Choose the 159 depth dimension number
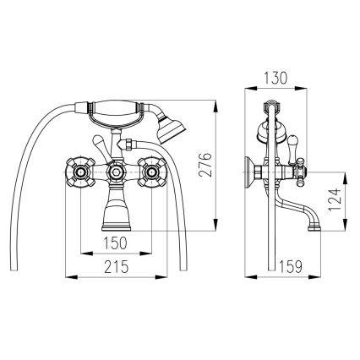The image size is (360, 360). pyautogui.click(x=292, y=265)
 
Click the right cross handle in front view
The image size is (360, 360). pyautogui.click(x=152, y=176)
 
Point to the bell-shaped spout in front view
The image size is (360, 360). pyautogui.click(x=116, y=211)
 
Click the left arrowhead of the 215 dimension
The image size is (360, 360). pyautogui.click(x=68, y=276)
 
